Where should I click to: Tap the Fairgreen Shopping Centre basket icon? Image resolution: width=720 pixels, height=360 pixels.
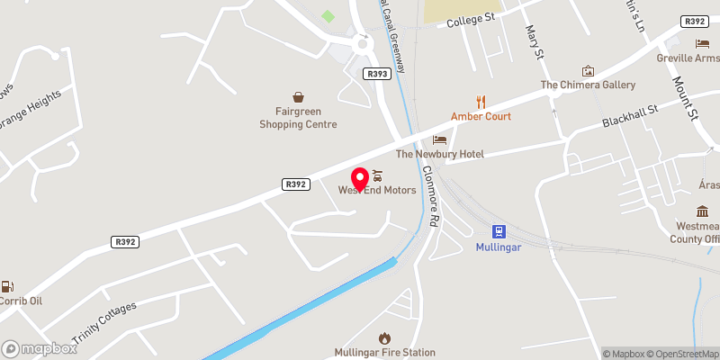pyautogui.click(x=298, y=96)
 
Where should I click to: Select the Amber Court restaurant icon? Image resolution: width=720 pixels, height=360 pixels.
pyautogui.click(x=481, y=102)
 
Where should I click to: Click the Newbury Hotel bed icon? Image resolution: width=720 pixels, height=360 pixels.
pyautogui.click(x=439, y=140)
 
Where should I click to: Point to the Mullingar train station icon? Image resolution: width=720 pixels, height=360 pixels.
pyautogui.click(x=498, y=231)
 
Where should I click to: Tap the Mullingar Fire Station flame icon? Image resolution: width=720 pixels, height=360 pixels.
pyautogui.click(x=385, y=337)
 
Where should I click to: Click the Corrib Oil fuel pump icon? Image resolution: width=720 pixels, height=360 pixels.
pyautogui.click(x=7, y=286)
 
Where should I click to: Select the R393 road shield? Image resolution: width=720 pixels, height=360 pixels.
pyautogui.click(x=377, y=74)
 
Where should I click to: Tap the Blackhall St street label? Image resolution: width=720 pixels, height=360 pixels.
pyautogui.click(x=632, y=118)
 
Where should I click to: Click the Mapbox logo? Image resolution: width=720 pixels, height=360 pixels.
pyautogui.click(x=40, y=348)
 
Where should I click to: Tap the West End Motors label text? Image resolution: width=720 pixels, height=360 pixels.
pyautogui.click(x=377, y=190)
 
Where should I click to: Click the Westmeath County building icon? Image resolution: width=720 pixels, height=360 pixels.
pyautogui.click(x=702, y=211)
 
